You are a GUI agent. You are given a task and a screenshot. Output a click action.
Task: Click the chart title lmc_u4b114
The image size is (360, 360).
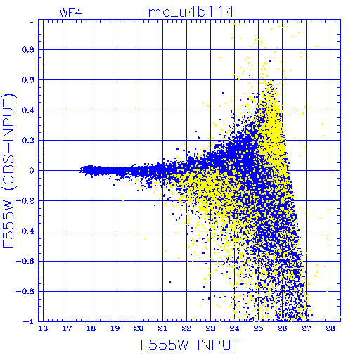pyautogui.click(x=190, y=12)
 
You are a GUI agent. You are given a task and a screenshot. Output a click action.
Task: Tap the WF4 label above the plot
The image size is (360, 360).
pyautogui.click(x=70, y=13)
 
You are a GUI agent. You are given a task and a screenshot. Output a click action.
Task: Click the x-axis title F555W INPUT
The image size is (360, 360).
pyautogui.click(x=190, y=345)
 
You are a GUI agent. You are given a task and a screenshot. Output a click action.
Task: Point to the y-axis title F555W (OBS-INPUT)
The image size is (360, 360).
pyautogui.click(x=8, y=170)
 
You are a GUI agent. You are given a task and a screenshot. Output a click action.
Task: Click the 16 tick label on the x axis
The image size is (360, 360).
pyautogui.click(x=43, y=328)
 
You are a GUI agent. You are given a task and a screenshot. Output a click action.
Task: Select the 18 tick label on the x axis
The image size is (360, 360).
pyautogui.click(x=91, y=328)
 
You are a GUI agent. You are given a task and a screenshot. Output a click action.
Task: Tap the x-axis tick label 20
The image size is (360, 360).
pyautogui.click(x=139, y=328)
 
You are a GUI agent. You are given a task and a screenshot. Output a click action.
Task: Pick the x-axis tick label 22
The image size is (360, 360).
pyautogui.click(x=186, y=328)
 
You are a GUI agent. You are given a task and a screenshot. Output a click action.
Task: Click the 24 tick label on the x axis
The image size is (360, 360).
pyautogui.click(x=234, y=328)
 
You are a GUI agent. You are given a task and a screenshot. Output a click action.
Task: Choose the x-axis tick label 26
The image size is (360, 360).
pyautogui.click(x=282, y=328)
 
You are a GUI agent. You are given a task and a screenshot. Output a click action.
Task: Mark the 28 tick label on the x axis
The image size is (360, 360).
pyautogui.click(x=330, y=328)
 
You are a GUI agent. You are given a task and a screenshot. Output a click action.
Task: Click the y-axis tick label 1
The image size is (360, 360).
pyautogui.click(x=32, y=20)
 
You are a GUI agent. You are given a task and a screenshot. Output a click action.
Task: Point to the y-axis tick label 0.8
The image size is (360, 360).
pyautogui.click(x=28, y=50)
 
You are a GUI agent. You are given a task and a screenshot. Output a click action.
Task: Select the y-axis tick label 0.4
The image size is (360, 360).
pyautogui.click(x=28, y=110)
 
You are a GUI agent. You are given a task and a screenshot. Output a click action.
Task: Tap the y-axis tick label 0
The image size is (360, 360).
pyautogui.click(x=32, y=170)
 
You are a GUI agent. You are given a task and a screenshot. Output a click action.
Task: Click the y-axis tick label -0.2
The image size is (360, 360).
pyautogui.click(x=25, y=200)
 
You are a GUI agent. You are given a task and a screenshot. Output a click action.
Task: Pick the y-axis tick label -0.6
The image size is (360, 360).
pyautogui.click(x=25, y=261)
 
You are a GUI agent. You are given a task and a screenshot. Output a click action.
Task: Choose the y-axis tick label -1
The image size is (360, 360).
pyautogui.click(x=29, y=321)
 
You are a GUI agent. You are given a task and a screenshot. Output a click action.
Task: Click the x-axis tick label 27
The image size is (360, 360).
pyautogui.click(x=306, y=328)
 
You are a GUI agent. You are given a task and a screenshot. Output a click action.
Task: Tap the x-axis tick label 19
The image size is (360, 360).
pyautogui.click(x=115, y=328)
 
